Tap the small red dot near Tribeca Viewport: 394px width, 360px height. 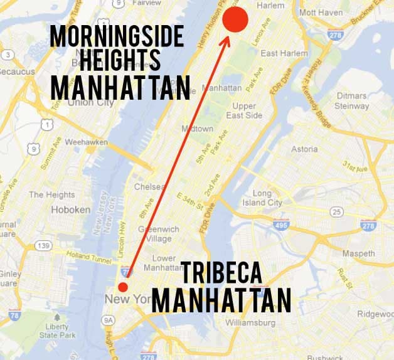pos(123,287)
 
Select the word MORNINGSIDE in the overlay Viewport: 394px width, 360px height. pos(117,38)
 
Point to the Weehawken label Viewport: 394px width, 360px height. pos(86,142)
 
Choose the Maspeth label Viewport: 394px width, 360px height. pos(358,253)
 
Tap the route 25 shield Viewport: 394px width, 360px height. pos(336,213)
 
